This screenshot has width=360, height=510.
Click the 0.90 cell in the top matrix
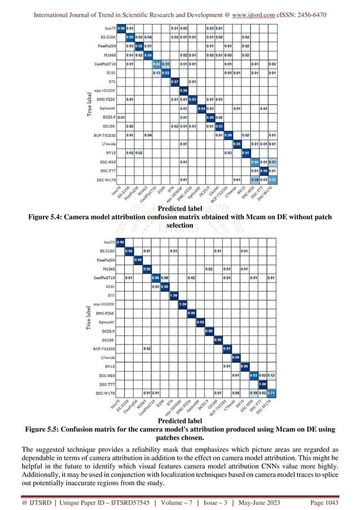click(121, 28)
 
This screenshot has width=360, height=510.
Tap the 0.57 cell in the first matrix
click(273, 179)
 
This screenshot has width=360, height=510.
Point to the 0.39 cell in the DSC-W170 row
click(254, 179)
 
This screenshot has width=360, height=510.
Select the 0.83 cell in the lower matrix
click(254, 375)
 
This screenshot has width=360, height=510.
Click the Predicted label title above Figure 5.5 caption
click(179, 421)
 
